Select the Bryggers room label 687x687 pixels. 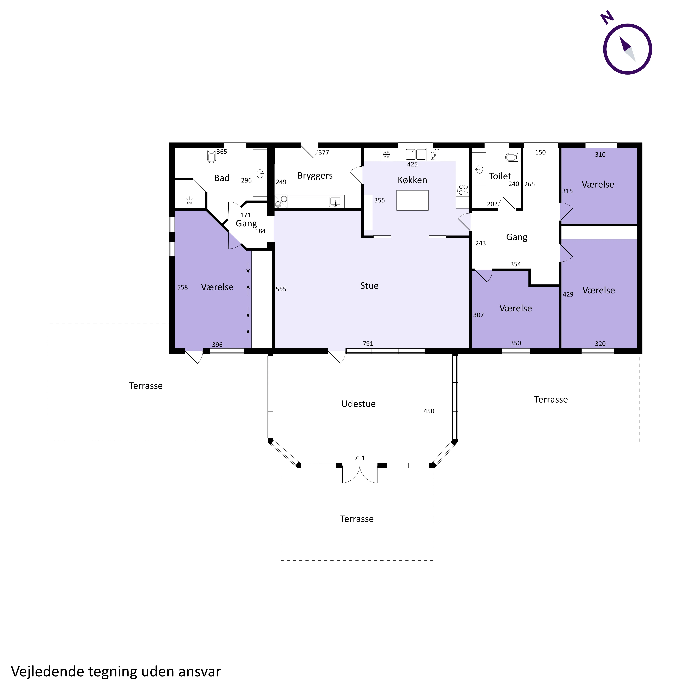click(x=315, y=176)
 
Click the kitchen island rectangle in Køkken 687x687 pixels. click(x=413, y=200)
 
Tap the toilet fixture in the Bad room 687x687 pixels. click(x=212, y=155)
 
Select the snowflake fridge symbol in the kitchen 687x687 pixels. click(x=387, y=154)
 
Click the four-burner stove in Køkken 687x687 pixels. click(x=463, y=190)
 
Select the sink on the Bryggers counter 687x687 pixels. click(x=335, y=202)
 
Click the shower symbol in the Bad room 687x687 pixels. click(x=190, y=203)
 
